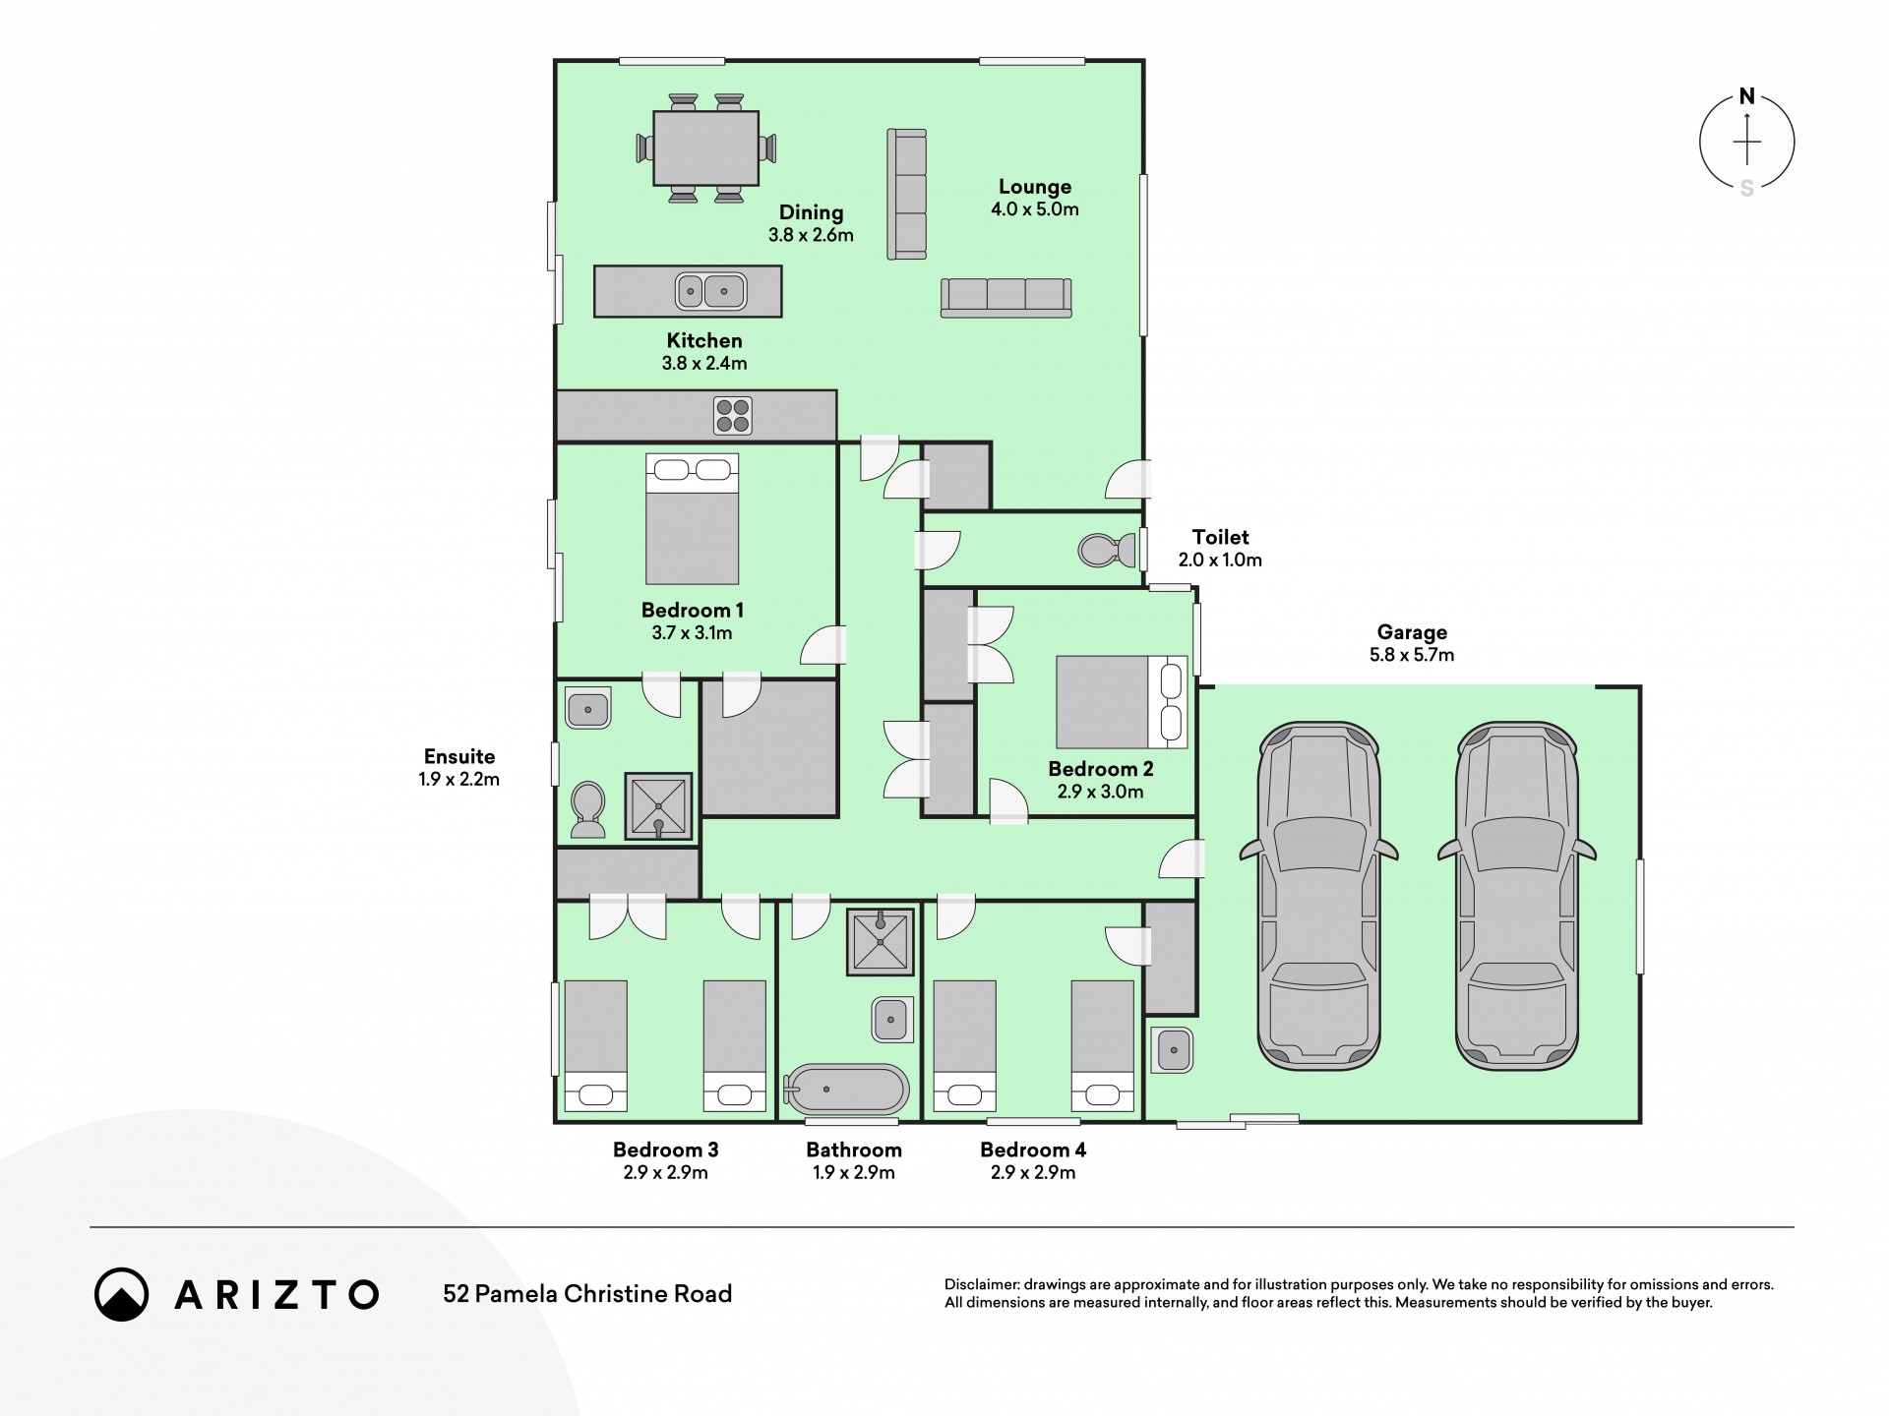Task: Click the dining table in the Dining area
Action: [x=706, y=147]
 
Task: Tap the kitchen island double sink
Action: [x=711, y=291]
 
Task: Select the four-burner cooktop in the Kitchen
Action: [x=733, y=415]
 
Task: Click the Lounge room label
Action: [x=1035, y=187]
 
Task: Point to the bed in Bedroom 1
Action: [x=692, y=519]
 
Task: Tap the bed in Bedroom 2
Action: [x=1122, y=702]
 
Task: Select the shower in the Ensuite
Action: [x=658, y=806]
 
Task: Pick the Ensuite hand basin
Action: [x=588, y=707]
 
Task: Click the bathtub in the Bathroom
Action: [x=846, y=1090]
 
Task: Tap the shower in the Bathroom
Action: [x=881, y=942]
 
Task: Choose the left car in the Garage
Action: [x=1318, y=897]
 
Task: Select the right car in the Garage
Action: [x=1516, y=897]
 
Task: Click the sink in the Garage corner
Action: [x=1171, y=1050]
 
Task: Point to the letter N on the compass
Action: [x=1747, y=96]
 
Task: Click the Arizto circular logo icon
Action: [x=122, y=1294]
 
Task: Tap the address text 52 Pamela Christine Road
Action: [x=587, y=1294]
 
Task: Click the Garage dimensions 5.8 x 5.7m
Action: [x=1412, y=655]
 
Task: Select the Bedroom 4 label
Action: [x=1033, y=1150]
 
